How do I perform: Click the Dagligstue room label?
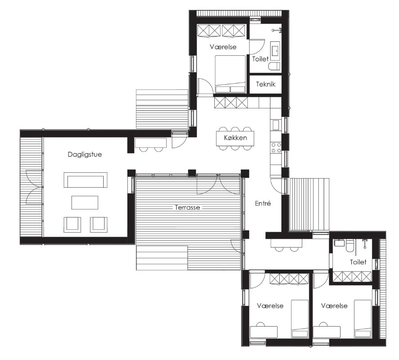(x=85, y=155)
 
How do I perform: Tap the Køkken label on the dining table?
(x=236, y=138)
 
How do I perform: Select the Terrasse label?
(x=187, y=207)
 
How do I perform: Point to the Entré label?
(x=263, y=203)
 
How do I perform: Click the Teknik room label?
(x=266, y=84)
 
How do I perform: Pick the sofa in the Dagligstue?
(x=85, y=180)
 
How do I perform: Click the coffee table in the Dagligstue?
(x=85, y=202)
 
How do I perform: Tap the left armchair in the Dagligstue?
(x=72, y=225)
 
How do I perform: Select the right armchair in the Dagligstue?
(x=99, y=225)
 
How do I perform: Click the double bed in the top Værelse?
(x=230, y=74)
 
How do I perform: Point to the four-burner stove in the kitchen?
(x=276, y=148)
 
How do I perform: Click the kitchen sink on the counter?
(x=276, y=125)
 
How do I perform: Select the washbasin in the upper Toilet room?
(x=275, y=51)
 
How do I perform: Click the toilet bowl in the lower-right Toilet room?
(x=350, y=246)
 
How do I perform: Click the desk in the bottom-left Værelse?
(x=263, y=332)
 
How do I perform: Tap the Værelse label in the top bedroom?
(x=223, y=47)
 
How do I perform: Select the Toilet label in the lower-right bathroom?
(x=358, y=262)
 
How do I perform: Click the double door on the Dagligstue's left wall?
(x=34, y=187)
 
